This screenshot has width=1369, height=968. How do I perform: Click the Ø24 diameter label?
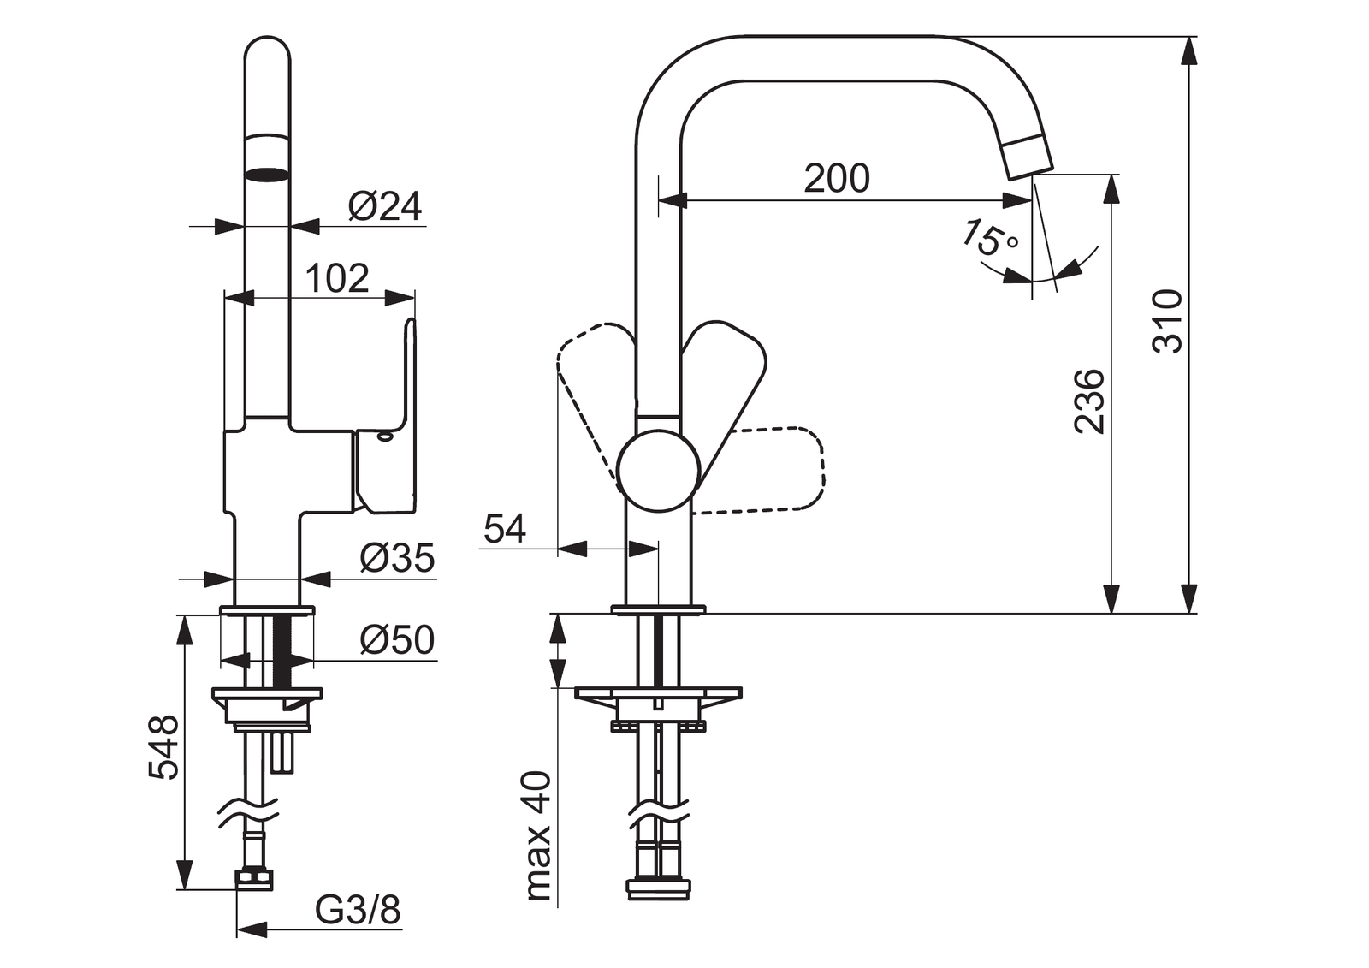tap(384, 206)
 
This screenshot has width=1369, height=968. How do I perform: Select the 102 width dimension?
tap(337, 279)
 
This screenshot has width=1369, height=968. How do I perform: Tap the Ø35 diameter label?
tap(397, 558)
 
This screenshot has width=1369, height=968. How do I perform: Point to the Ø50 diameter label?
tap(397, 640)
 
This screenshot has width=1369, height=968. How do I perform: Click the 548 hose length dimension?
tap(163, 747)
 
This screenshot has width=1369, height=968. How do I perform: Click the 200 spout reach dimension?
tap(836, 179)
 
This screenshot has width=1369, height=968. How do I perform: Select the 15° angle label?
tap(989, 238)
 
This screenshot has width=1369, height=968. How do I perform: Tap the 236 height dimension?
tap(1089, 401)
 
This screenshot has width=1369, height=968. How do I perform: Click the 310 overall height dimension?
tap(1167, 322)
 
